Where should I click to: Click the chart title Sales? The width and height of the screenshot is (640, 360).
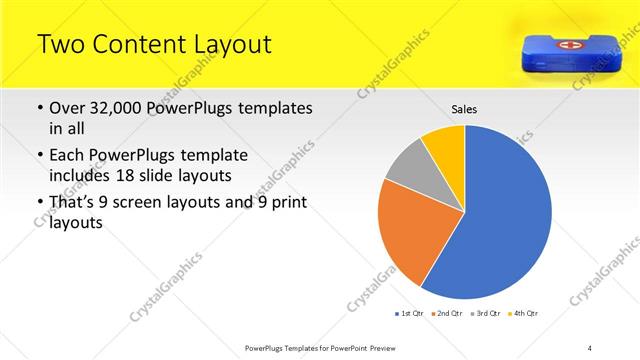click(x=464, y=108)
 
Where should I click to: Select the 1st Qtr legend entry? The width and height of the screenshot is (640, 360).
click(x=410, y=314)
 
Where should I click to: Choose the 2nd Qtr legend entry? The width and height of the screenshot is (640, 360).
click(x=445, y=314)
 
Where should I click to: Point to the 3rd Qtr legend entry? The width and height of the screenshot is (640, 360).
click(x=484, y=314)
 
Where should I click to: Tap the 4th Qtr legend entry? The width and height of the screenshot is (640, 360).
click(x=523, y=314)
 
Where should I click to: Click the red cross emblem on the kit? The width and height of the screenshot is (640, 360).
click(x=566, y=45)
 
